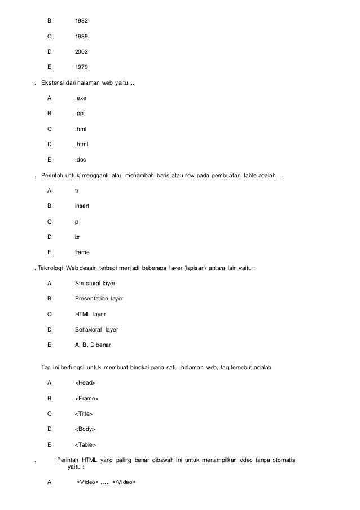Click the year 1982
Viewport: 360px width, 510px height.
(81, 21)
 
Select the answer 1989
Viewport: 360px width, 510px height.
(81, 36)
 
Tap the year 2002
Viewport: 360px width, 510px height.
(81, 51)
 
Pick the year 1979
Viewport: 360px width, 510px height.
(81, 67)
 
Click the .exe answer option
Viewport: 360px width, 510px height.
(81, 98)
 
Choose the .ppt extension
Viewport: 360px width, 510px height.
(81, 113)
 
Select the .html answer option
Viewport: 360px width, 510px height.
(82, 144)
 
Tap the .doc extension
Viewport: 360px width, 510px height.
(81, 159)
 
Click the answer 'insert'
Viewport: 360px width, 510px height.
(82, 206)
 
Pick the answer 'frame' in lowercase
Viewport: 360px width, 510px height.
(82, 252)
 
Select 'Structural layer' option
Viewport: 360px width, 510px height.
(95, 283)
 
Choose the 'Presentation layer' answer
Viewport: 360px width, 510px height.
(99, 298)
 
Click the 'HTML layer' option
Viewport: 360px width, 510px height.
(90, 313)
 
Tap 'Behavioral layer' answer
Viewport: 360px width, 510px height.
(96, 329)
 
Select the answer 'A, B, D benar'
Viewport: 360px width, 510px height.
(93, 345)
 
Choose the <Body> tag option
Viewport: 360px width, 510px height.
(85, 429)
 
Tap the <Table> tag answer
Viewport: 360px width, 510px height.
(86, 444)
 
